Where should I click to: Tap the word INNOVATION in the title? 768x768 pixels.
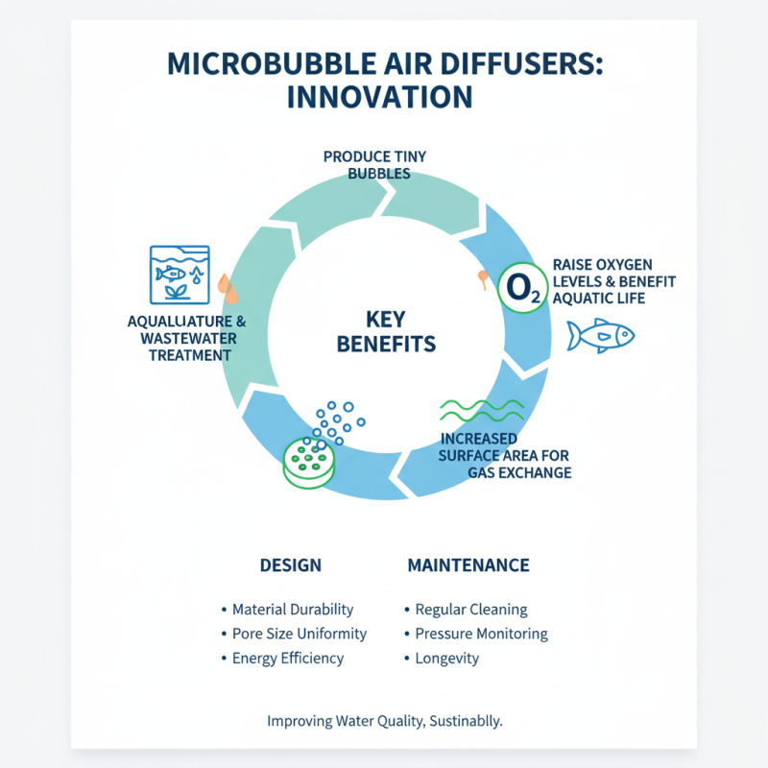click(x=384, y=98)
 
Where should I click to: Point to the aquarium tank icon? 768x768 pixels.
click(x=180, y=275)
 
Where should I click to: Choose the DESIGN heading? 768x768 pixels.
click(x=291, y=565)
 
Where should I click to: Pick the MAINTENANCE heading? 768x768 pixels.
click(x=468, y=565)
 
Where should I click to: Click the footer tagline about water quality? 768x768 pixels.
click(x=384, y=721)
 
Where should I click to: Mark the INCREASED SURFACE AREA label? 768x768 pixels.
click(x=505, y=455)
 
